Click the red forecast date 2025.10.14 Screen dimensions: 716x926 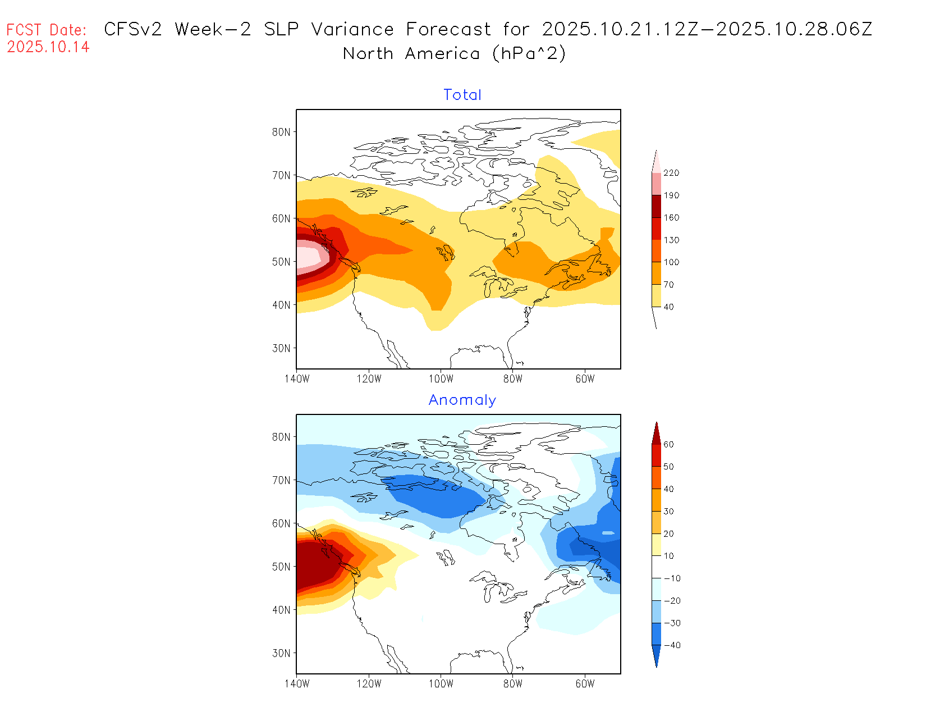(x=48, y=47)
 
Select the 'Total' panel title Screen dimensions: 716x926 (x=462, y=95)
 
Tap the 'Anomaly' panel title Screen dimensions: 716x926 (x=462, y=400)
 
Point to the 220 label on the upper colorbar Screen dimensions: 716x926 (x=671, y=173)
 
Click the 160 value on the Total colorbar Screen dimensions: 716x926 (x=671, y=218)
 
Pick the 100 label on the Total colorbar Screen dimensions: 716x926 (x=671, y=262)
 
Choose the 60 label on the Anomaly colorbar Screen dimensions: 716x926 (x=668, y=444)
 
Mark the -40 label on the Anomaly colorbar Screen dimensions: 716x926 (x=672, y=645)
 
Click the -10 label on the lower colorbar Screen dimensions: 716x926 (x=672, y=578)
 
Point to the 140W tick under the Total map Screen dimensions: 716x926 (x=297, y=379)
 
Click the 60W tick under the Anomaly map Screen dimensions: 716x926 (x=585, y=684)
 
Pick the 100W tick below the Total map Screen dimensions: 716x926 (x=441, y=379)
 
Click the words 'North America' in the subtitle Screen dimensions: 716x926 (x=411, y=54)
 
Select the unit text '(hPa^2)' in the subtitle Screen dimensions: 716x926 (x=529, y=54)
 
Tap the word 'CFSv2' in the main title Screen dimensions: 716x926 (x=133, y=29)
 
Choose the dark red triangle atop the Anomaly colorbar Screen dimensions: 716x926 (x=656, y=434)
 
